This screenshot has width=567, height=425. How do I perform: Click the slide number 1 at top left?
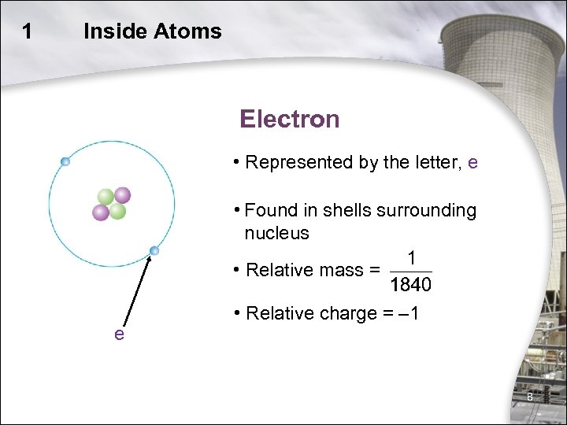click(28, 31)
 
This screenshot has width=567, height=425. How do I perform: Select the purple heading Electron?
click(290, 120)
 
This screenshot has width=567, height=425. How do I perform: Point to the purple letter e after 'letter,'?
click(472, 163)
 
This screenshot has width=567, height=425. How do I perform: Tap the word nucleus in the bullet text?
click(276, 233)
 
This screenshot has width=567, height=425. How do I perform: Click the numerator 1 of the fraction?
click(411, 259)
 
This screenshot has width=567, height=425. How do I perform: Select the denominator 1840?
click(411, 283)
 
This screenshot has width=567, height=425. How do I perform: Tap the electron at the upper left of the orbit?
click(65, 161)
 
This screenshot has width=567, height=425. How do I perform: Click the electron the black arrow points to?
click(154, 251)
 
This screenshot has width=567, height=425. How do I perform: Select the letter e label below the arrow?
click(119, 334)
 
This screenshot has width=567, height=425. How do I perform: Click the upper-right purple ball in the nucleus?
click(122, 194)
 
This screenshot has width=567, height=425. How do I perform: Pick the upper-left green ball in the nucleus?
click(106, 197)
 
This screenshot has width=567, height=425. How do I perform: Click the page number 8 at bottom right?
click(530, 397)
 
